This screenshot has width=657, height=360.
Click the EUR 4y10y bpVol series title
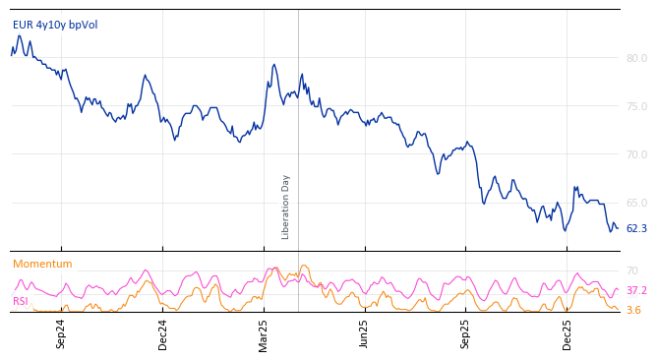pyautogui.click(x=55, y=25)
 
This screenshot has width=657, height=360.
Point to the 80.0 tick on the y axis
pyautogui.click(x=636, y=58)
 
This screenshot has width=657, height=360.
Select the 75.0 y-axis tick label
pyautogui.click(x=636, y=106)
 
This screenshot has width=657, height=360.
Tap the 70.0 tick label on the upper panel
pyautogui.click(x=636, y=154)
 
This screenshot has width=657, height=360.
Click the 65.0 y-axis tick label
pyautogui.click(x=636, y=203)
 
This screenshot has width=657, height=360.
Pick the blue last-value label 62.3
pyautogui.click(x=636, y=228)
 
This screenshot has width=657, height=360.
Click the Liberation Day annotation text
pyautogui.click(x=286, y=207)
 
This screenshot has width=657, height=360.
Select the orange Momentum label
pyautogui.click(x=42, y=264)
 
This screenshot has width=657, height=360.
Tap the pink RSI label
pyautogui.click(x=21, y=301)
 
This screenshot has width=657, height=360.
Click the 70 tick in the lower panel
pyautogui.click(x=632, y=270)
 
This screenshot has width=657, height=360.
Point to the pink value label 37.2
pyautogui.click(x=636, y=290)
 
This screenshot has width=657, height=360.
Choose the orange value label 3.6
pyautogui.click(x=633, y=310)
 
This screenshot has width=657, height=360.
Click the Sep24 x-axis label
pyautogui.click(x=61, y=333)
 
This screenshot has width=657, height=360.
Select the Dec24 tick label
pyautogui.click(x=163, y=333)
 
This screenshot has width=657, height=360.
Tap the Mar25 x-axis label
pyautogui.click(x=264, y=333)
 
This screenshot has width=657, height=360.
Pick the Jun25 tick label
pyautogui.click(x=364, y=333)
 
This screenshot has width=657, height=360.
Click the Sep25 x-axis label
pyautogui.click(x=466, y=333)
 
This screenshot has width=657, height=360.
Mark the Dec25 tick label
pyautogui.click(x=567, y=333)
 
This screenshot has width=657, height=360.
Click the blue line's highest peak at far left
pyautogui.click(x=19, y=36)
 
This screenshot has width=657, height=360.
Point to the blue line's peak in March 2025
pyautogui.click(x=274, y=65)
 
